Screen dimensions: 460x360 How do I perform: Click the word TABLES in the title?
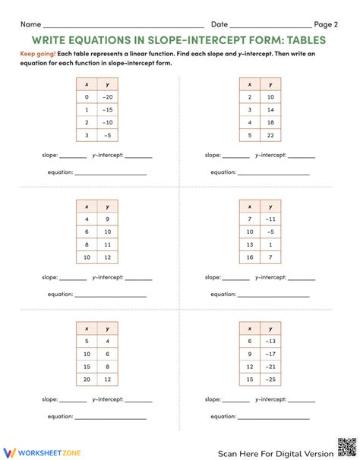tap(301, 39)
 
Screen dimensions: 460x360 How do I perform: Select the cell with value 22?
tap(270, 134)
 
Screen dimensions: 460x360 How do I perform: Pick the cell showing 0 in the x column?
tap(87, 98)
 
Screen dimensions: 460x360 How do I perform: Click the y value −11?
tap(270, 219)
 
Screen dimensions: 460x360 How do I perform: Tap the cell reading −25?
tap(270, 380)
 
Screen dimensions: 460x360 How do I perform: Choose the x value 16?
tap(251, 258)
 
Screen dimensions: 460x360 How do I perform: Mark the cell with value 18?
tap(270, 122)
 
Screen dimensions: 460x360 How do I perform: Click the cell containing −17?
tap(270, 353)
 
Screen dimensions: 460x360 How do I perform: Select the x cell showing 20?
tap(87, 380)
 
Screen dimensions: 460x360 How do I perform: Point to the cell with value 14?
tap(270, 109)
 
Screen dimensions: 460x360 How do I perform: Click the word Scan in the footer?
tap(232, 452)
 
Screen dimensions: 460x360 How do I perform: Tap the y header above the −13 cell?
tap(270, 327)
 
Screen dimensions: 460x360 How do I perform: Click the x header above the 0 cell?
tap(87, 84)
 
